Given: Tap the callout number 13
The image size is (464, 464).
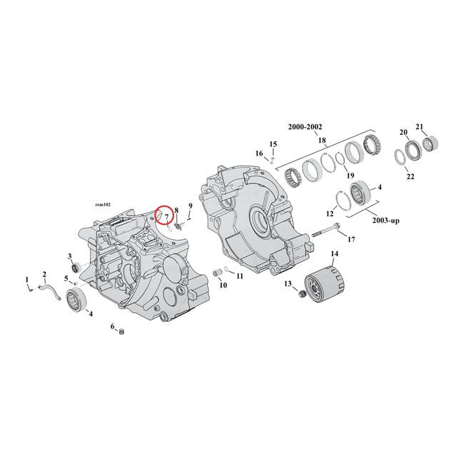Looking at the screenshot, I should pos(288,283).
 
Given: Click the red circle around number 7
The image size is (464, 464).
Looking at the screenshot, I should pos(165,213).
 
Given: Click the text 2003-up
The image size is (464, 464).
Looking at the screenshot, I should pos(385,221).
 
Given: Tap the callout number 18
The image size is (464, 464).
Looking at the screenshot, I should pos(323,140).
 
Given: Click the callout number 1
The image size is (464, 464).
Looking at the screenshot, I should pos(27,279).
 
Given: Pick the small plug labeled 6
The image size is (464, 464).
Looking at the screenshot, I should pos(121,331).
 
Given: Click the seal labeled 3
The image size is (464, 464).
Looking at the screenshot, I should pos(74,268).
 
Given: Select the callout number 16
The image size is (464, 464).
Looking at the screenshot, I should pos(260,153).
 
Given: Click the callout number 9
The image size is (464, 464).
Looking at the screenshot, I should pos(191,206).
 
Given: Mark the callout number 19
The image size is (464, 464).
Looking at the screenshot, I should pos(350,175).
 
